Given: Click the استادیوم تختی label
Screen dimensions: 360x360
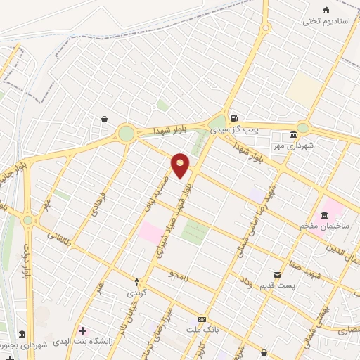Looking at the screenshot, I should [326, 21].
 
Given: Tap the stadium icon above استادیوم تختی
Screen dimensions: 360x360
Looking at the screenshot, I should [326, 10].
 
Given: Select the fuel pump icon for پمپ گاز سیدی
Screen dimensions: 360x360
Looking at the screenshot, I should [234, 118].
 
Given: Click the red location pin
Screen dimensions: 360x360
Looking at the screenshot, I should [180, 166].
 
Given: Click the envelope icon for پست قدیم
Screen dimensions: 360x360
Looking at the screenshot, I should [277, 275].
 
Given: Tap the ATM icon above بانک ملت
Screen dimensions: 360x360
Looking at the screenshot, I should [202, 320].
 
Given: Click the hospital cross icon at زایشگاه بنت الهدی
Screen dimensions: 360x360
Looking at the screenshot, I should [83, 330].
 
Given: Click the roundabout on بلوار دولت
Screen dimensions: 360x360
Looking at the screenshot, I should [27, 220].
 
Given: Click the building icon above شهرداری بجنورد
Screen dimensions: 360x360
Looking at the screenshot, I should [22, 334].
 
